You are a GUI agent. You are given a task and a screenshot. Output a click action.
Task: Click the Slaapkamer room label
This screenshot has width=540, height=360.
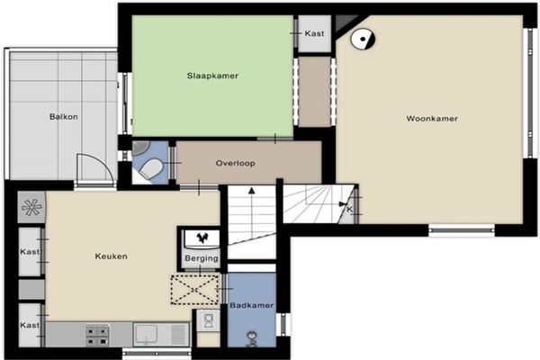coord(212,76)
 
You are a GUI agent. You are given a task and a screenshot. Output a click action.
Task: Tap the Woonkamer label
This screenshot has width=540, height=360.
coord(432,119)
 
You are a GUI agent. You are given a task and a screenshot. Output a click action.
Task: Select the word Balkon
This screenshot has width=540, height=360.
coord(63,116)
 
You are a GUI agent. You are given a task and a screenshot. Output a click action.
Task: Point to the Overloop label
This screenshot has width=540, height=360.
coord(236,163)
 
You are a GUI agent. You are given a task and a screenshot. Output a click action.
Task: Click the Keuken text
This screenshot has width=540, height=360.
coord(112,256)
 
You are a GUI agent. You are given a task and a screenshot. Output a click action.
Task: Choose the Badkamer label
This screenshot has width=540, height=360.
coord(252,305)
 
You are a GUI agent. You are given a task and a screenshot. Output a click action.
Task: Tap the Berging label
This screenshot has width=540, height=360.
coord(202,258)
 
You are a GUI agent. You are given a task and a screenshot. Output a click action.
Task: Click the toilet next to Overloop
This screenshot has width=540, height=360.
coord(151,169)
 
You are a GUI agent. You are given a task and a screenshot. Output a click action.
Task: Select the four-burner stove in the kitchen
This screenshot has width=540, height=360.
coord(97,335)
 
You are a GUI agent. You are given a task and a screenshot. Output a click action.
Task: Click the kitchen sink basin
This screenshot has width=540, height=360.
coord(147,334)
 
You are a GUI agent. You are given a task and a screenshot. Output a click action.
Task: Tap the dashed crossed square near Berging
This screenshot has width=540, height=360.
coord(194,290)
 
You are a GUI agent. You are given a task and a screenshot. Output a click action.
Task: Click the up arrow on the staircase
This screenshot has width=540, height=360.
coord(252,212)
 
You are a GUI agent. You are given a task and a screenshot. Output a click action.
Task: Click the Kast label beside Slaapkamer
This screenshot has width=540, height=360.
coord(314,33)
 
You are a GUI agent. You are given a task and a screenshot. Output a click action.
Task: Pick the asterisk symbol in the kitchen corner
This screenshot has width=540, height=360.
coord(31,207)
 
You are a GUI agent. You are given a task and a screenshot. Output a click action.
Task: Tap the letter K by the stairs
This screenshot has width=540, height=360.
coord(349,210)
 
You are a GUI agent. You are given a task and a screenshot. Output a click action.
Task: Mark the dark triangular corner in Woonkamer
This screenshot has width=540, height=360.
coord(345,23)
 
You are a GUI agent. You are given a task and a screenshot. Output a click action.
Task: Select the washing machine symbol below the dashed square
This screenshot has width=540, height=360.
coord(208,320)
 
